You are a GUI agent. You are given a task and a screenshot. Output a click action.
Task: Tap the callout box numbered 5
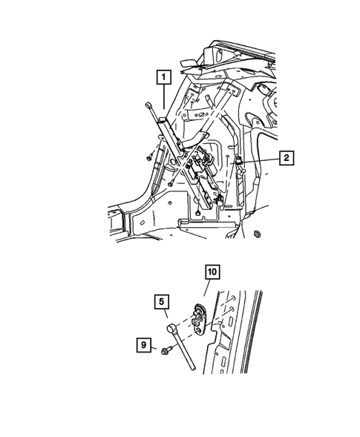(161, 302)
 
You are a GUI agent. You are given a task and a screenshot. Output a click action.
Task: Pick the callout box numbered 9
(145, 344)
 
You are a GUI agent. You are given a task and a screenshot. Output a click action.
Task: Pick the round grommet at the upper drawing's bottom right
(258, 236)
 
